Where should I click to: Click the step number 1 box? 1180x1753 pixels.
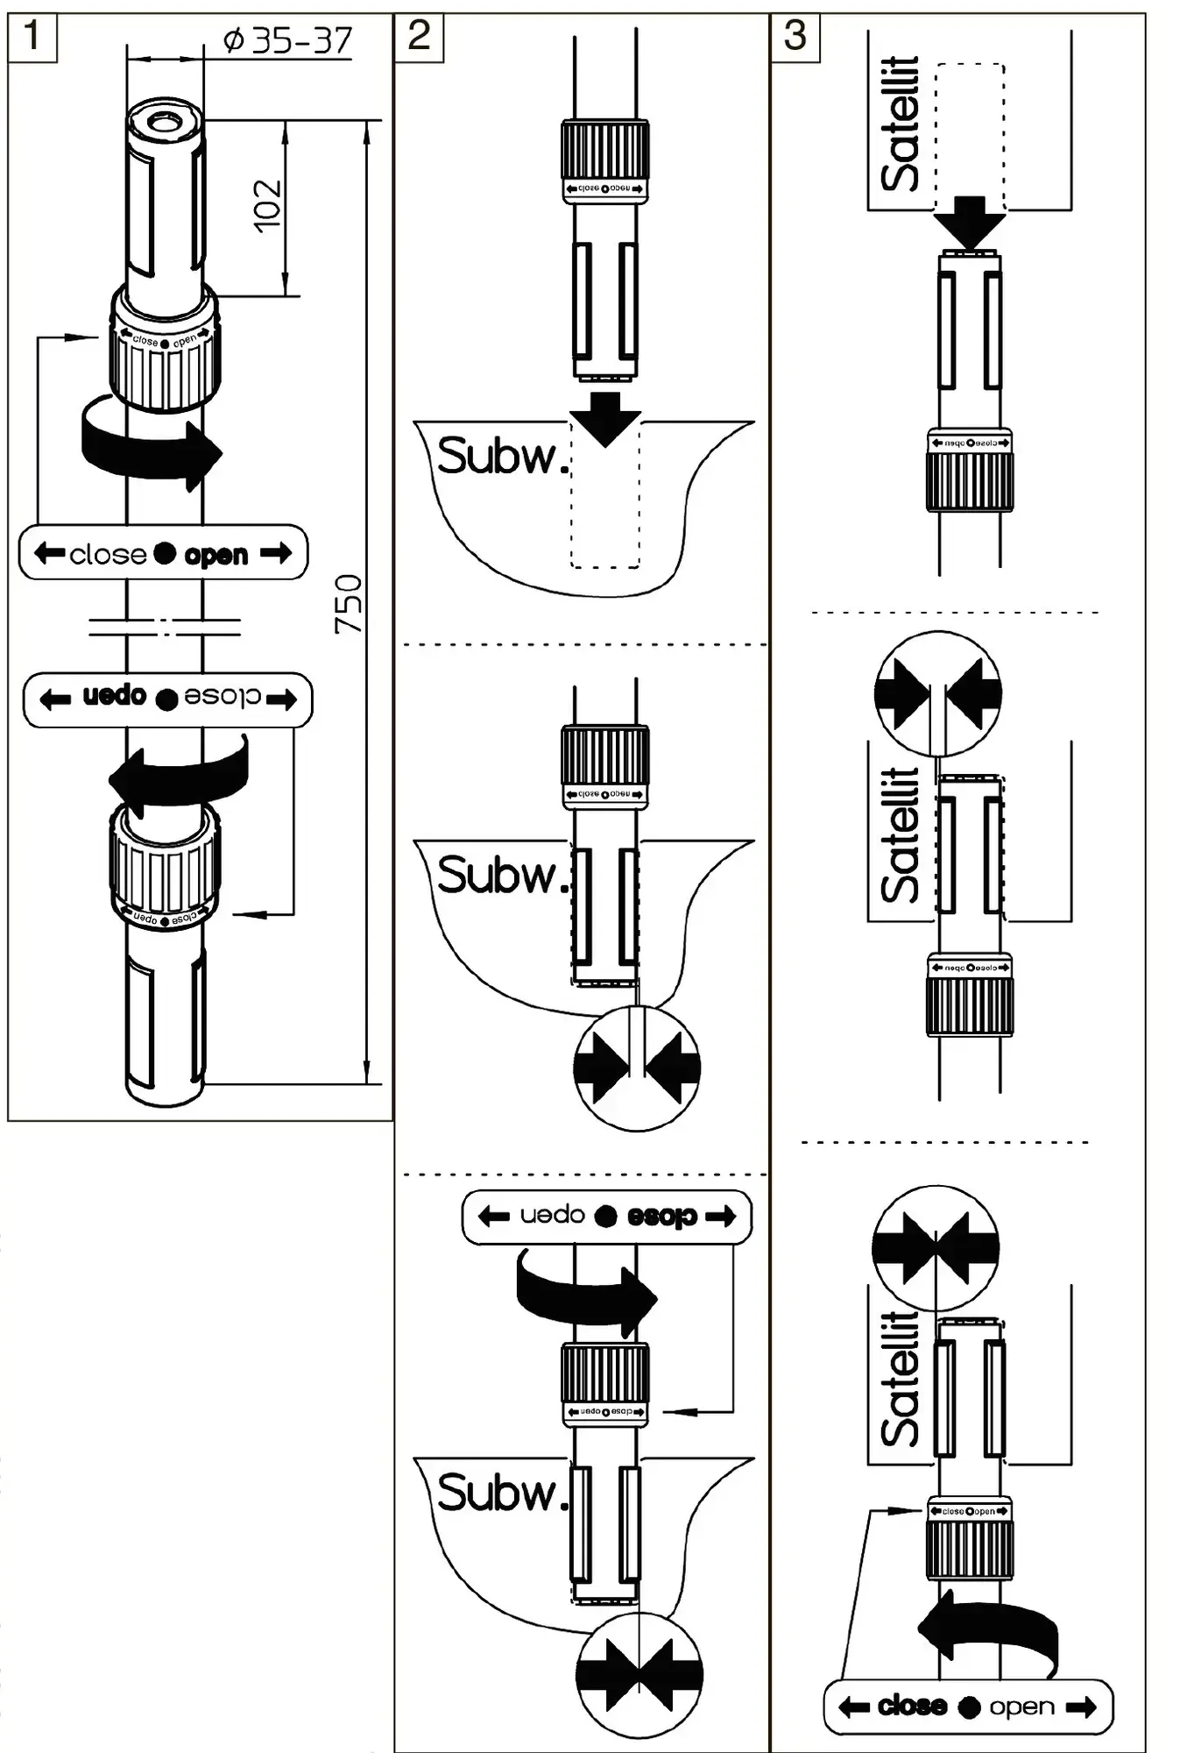pyautogui.click(x=32, y=37)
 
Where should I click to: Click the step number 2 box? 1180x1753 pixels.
pyautogui.click(x=419, y=37)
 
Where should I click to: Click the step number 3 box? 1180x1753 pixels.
pyautogui.click(x=795, y=37)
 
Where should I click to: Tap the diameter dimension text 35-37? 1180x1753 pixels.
pyautogui.click(x=288, y=40)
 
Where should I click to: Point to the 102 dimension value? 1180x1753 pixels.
pyautogui.click(x=268, y=206)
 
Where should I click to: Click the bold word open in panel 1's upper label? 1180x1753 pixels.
pyautogui.click(x=216, y=555)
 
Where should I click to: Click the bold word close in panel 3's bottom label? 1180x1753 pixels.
pyautogui.click(x=912, y=1706)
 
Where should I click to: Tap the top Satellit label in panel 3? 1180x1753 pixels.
pyautogui.click(x=901, y=123)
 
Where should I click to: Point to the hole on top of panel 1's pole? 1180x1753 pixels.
pyautogui.click(x=165, y=120)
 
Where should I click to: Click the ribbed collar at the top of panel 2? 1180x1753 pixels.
pyautogui.click(x=604, y=150)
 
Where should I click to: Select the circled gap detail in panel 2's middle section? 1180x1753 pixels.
pyautogui.click(x=637, y=1068)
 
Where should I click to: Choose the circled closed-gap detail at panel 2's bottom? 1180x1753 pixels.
pyautogui.click(x=639, y=1675)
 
